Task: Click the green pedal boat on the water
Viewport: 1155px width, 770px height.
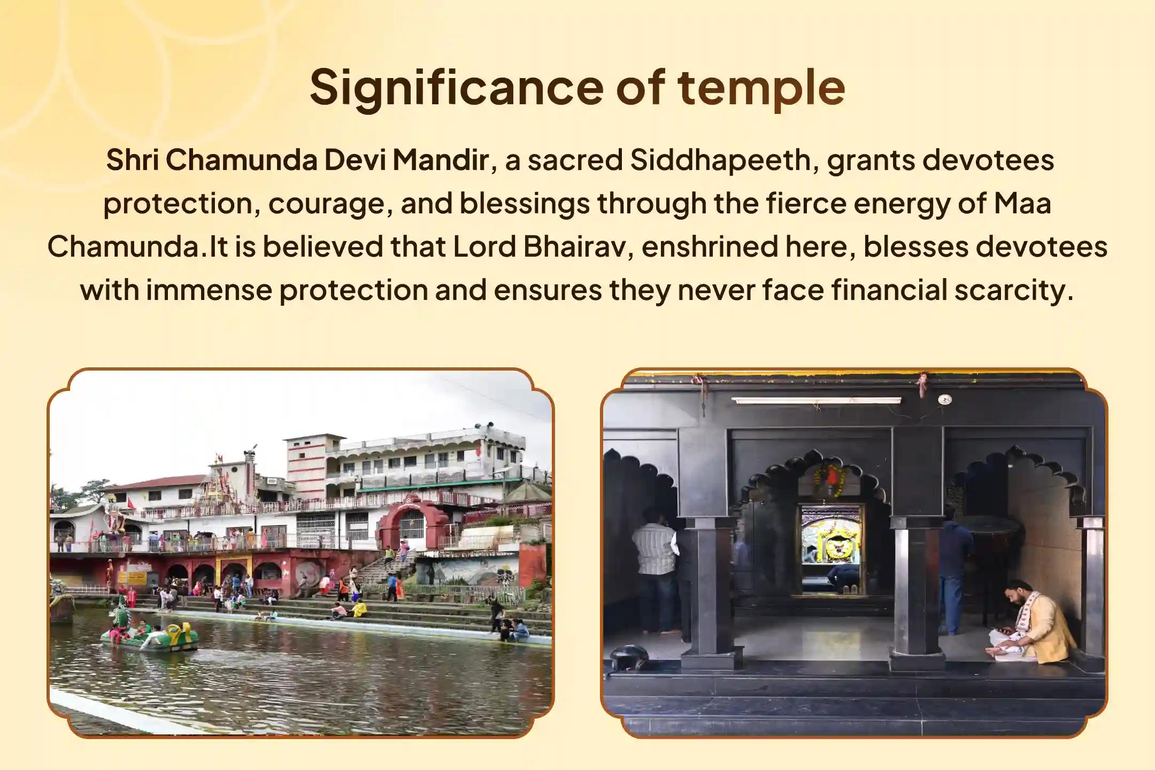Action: click(x=150, y=636)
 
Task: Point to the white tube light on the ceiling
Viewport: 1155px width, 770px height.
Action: click(x=816, y=400)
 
